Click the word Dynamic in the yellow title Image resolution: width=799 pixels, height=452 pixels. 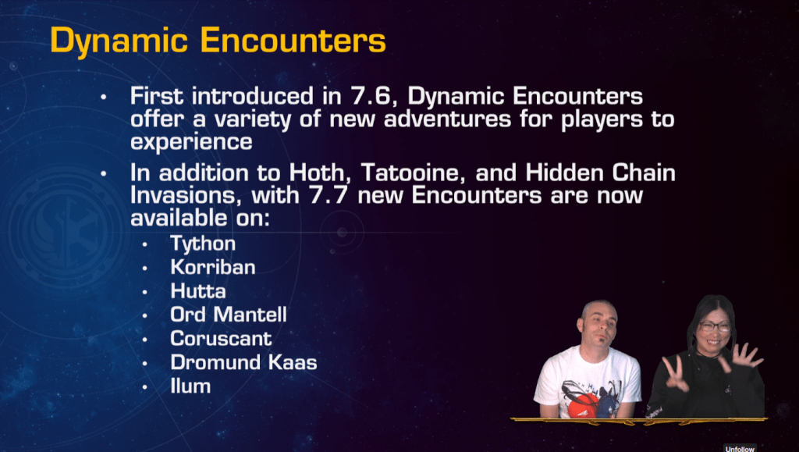coord(119,41)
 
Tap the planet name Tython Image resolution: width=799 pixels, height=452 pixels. coord(203,244)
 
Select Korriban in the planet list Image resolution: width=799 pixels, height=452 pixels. coord(213,267)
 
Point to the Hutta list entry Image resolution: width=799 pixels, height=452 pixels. coord(198,291)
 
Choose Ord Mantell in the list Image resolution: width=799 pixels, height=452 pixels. coord(229,315)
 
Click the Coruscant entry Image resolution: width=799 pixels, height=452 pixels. coord(221,338)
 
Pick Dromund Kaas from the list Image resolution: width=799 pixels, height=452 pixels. coord(243,362)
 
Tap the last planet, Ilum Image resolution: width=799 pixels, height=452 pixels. coord(190,386)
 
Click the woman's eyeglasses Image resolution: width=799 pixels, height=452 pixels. coord(715,326)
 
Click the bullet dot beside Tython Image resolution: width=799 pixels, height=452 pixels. coord(144,244)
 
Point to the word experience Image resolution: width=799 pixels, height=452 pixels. coord(191,141)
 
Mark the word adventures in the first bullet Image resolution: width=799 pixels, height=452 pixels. coord(447,119)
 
